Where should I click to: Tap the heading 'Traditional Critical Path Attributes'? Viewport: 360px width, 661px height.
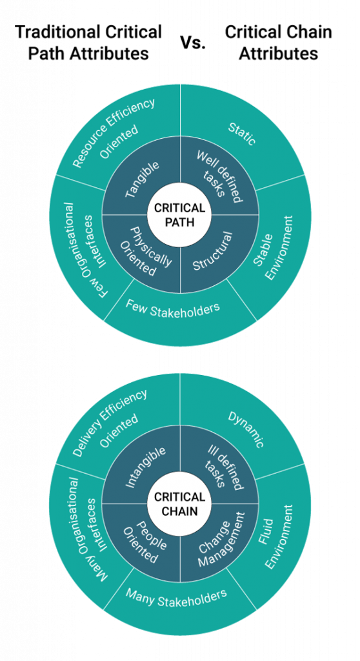click(88, 43)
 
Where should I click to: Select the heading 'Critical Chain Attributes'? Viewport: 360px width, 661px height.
click(278, 43)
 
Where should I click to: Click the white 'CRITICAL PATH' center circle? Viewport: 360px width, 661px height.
click(180, 214)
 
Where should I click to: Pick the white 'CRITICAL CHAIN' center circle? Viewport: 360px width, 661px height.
click(180, 503)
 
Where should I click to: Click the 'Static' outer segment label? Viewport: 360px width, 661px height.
click(242, 134)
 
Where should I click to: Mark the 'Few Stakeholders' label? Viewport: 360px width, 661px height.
click(172, 310)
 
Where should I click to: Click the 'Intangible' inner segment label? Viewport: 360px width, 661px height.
click(145, 467)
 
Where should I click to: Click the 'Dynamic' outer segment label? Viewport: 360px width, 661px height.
click(246, 429)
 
